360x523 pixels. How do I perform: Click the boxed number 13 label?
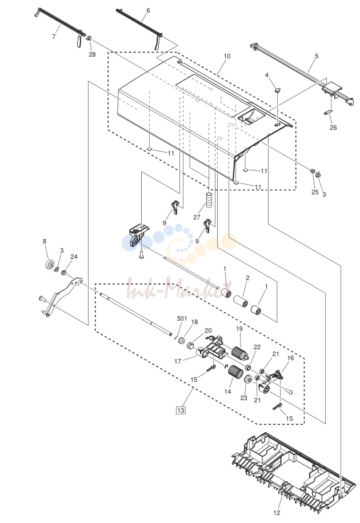coord(181,410)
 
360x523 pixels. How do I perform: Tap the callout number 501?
coord(182,318)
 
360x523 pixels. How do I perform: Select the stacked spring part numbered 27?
coord(209,200)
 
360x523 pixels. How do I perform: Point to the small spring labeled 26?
coord(329,113)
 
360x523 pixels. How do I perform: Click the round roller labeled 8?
coord(49,265)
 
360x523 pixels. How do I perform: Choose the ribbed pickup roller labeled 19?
coord(239,353)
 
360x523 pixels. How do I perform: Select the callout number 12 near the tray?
coord(277,513)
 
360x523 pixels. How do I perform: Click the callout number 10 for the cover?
coord(227,56)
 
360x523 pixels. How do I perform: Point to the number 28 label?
coord(92,54)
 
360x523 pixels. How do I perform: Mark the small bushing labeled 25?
coord(313,171)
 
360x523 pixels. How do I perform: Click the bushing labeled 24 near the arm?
coord(63,273)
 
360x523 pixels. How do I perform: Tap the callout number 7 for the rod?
coord(54,37)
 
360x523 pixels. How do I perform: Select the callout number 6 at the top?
coord(148,10)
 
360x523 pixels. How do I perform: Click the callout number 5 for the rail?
coord(317,56)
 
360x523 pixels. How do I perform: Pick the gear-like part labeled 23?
coord(247,380)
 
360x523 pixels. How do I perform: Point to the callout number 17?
coord(178,361)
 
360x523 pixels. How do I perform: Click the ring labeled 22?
coord(249,368)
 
